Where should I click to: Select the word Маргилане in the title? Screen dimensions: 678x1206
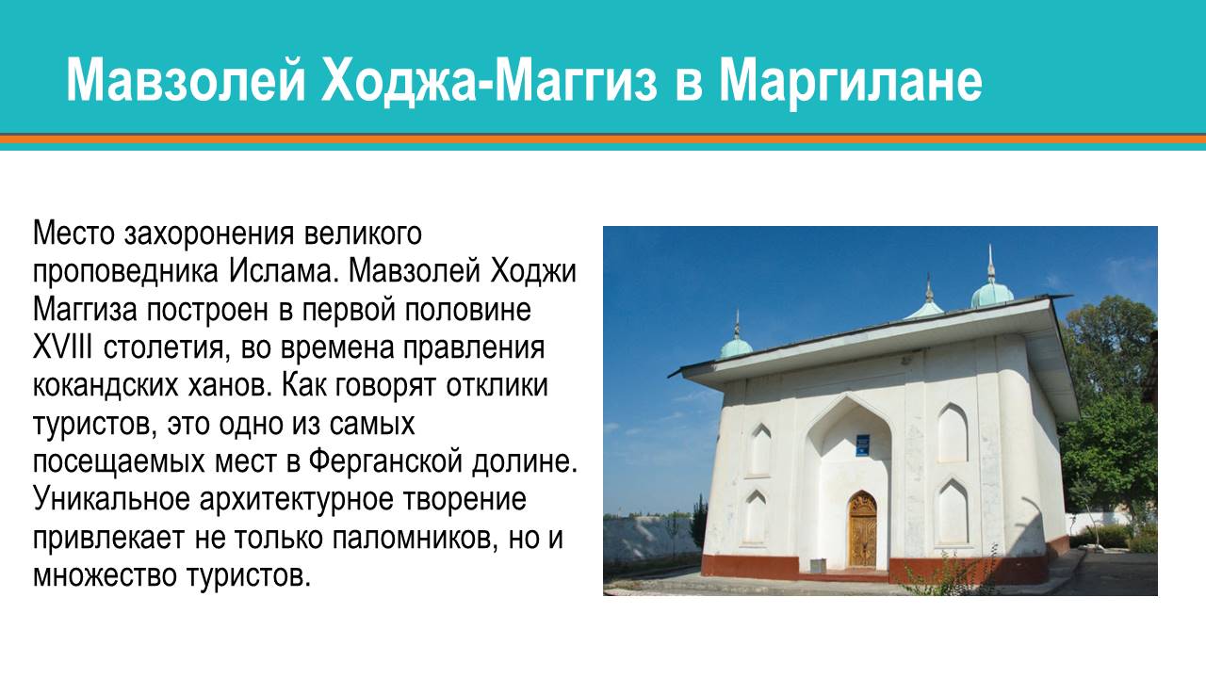tap(851, 81)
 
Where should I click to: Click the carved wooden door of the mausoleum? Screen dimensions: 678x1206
tap(862, 529)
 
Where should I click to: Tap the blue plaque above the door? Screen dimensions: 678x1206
tap(862, 444)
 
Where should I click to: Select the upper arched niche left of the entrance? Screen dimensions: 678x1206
tap(758, 449)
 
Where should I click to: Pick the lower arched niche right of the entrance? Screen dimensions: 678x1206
tap(953, 513)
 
